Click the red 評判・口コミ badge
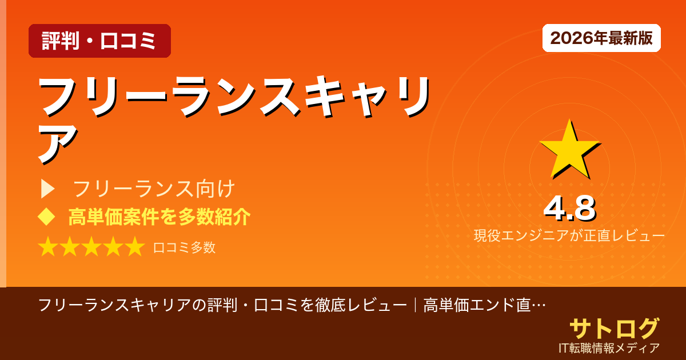coord(99,41)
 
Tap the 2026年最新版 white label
coord(601,38)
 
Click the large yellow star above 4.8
coord(569,150)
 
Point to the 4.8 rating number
coord(569,209)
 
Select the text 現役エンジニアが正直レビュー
coord(569,235)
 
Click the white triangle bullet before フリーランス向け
coord(47,189)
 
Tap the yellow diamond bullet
coord(46,217)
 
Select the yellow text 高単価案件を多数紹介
coord(159,217)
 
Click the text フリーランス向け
coord(154,189)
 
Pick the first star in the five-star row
coord(49,247)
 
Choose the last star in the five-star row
coord(134,247)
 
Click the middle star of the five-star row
coord(91,247)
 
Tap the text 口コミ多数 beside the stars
coord(184,247)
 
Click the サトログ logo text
coord(614,329)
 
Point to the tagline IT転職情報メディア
coord(609,348)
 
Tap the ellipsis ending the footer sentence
coord(538,305)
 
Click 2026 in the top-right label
coord(565,38)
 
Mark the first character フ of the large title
coord(62,96)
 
